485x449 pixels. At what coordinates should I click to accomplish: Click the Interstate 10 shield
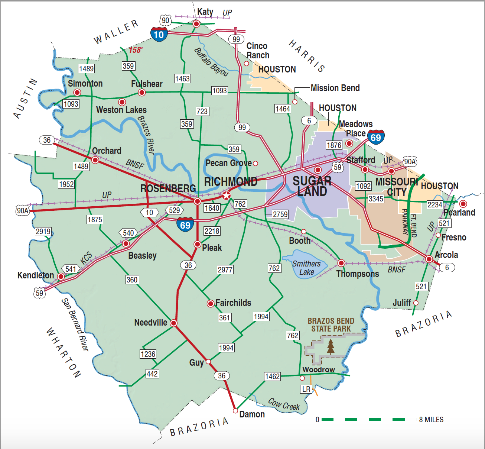pyautogui.click(x=159, y=34)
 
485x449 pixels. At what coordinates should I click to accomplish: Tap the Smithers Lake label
pyautogui.click(x=306, y=268)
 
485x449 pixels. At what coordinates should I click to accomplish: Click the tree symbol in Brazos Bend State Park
pyautogui.click(x=331, y=346)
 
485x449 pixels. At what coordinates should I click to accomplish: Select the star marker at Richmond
pyautogui.click(x=226, y=196)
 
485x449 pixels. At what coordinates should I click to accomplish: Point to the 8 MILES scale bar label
pyautogui.click(x=431, y=420)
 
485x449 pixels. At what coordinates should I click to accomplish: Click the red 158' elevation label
pyautogui.click(x=136, y=50)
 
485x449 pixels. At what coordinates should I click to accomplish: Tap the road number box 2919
pyautogui.click(x=43, y=232)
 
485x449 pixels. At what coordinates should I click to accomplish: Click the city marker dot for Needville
pyautogui.click(x=173, y=323)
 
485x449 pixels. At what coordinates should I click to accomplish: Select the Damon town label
pyautogui.click(x=252, y=414)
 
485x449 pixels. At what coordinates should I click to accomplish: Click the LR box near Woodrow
pyautogui.click(x=306, y=389)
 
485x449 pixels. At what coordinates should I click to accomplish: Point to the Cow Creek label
pyautogui.click(x=284, y=404)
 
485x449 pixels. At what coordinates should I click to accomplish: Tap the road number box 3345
pyautogui.click(x=376, y=199)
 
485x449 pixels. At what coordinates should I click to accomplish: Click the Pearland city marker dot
pyautogui.click(x=463, y=204)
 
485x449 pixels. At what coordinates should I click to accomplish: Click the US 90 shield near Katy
pyautogui.click(x=166, y=20)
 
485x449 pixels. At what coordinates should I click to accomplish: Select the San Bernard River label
pyautogui.click(x=75, y=324)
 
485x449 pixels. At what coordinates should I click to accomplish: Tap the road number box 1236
pyautogui.click(x=148, y=354)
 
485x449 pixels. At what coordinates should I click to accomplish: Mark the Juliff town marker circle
pyautogui.click(x=416, y=303)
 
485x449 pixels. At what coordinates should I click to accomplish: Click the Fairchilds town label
pyautogui.click(x=233, y=303)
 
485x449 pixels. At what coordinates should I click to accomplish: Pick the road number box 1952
pyautogui.click(x=66, y=184)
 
